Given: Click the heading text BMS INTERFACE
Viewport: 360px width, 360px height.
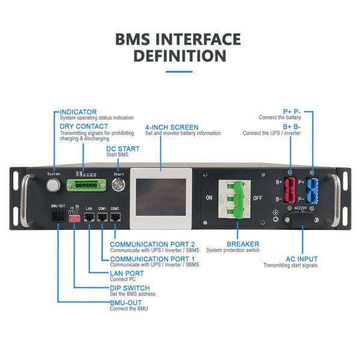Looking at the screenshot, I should (178, 40).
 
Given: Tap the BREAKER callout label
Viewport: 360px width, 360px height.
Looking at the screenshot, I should (243, 244).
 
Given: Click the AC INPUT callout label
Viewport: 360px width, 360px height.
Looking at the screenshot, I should (302, 259).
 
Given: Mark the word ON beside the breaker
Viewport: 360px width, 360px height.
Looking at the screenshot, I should (209, 197).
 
